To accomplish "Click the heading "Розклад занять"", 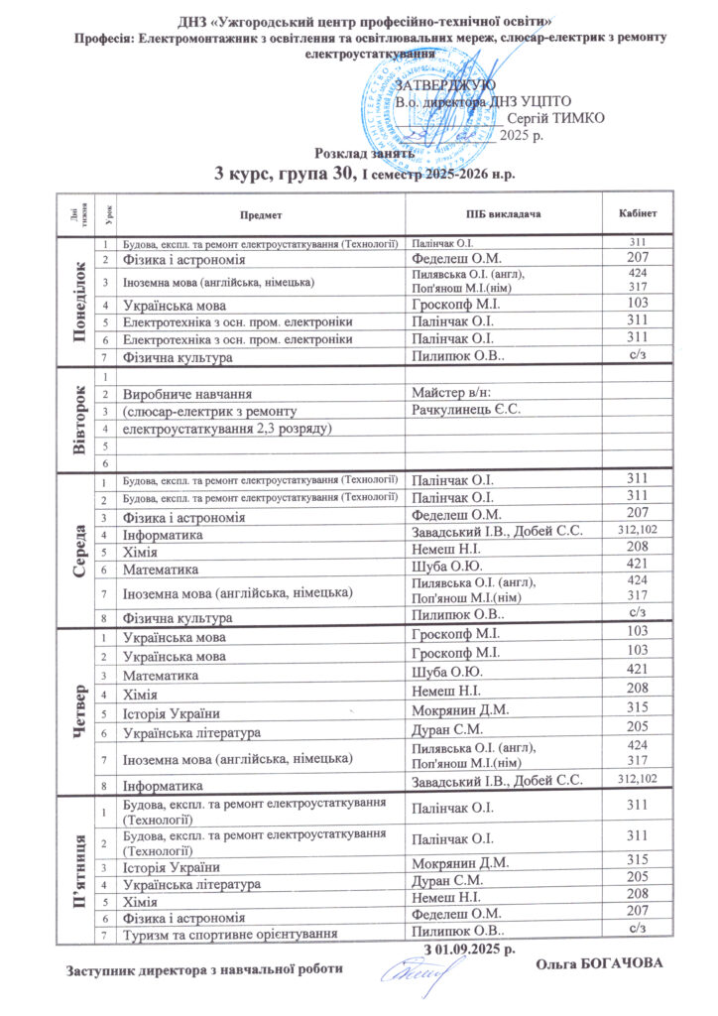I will point(358,153).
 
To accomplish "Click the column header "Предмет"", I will point(261,214).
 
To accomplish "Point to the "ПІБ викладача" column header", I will point(502,214).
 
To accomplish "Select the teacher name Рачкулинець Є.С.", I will point(465,410).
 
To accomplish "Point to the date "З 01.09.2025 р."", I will point(469,950).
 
